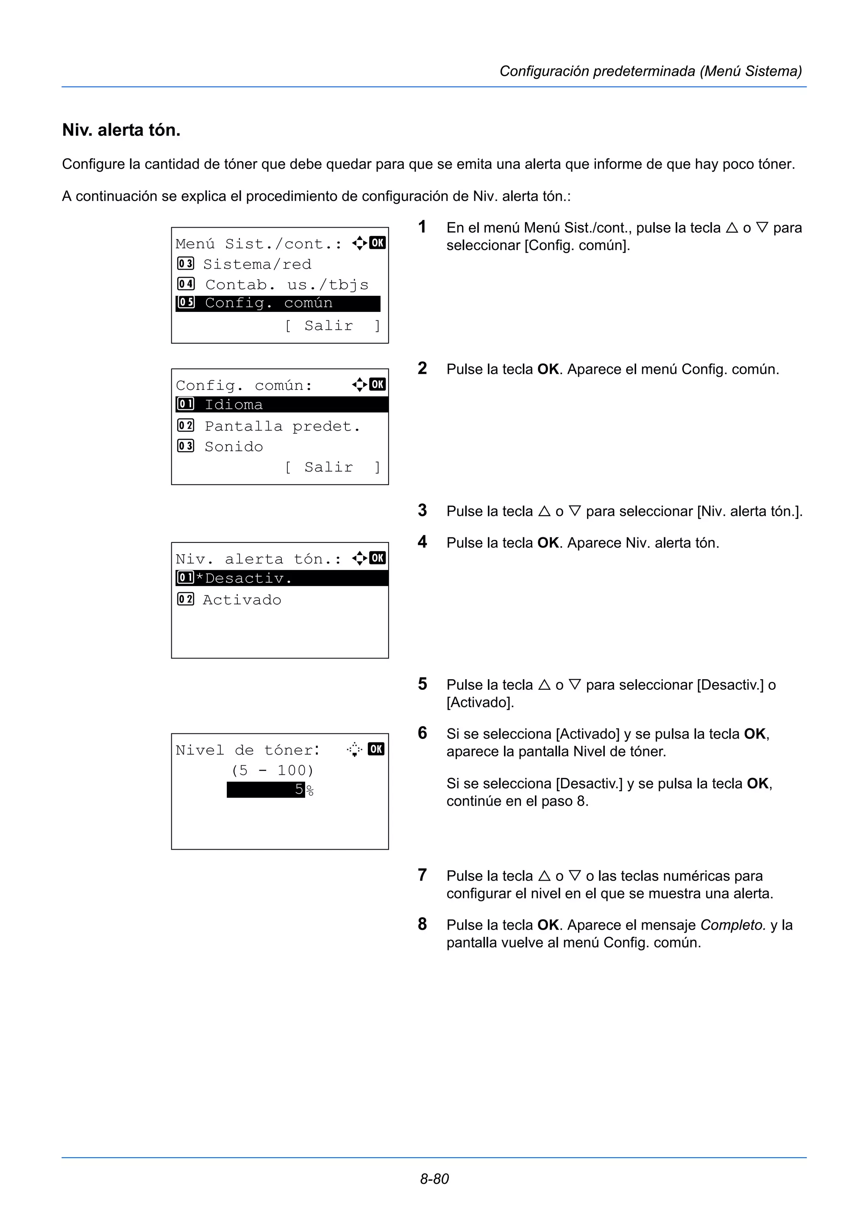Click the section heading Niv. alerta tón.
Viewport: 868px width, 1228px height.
click(x=121, y=130)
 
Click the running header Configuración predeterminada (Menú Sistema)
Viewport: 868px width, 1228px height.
click(x=650, y=71)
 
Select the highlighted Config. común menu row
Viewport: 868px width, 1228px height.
click(x=278, y=303)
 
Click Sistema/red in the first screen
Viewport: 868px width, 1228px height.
click(x=257, y=264)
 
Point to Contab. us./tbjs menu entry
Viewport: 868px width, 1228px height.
click(x=287, y=284)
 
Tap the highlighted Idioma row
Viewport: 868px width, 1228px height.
click(x=281, y=404)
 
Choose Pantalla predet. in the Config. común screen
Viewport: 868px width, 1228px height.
click(x=282, y=426)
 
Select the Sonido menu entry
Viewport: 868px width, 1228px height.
click(x=234, y=447)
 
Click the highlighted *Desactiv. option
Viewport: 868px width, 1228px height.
click(x=281, y=578)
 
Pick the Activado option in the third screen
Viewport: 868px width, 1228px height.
click(x=242, y=600)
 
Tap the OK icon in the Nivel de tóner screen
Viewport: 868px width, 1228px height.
click(x=376, y=749)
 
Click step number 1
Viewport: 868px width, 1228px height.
click(x=422, y=227)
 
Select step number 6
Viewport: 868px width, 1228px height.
click(x=422, y=733)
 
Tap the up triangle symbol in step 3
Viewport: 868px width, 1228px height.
click(x=544, y=511)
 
